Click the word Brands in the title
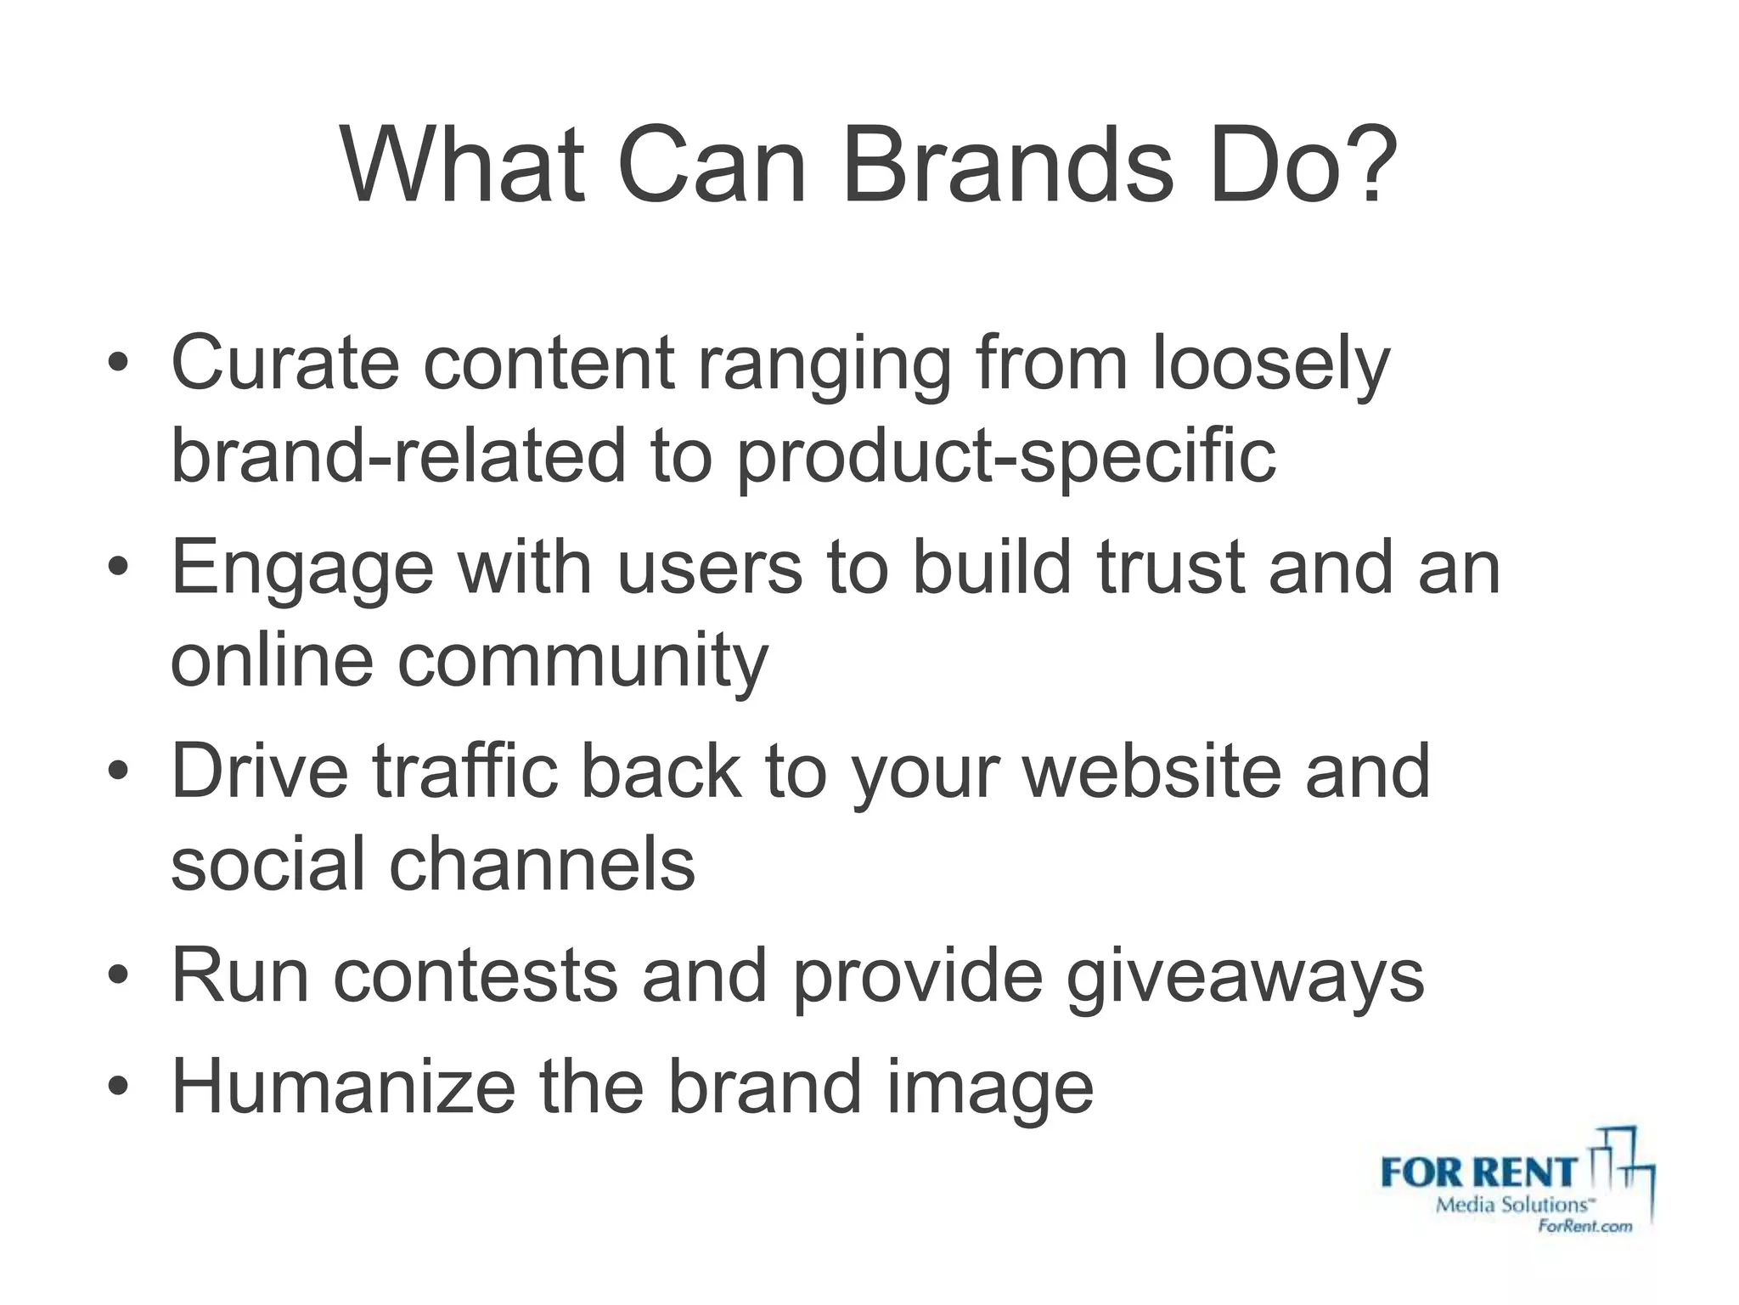(1007, 167)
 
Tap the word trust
(1170, 568)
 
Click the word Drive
(260, 771)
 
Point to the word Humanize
(343, 1087)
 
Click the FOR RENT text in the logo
(1478, 1173)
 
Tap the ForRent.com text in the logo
(1584, 1226)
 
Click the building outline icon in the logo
(1622, 1168)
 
